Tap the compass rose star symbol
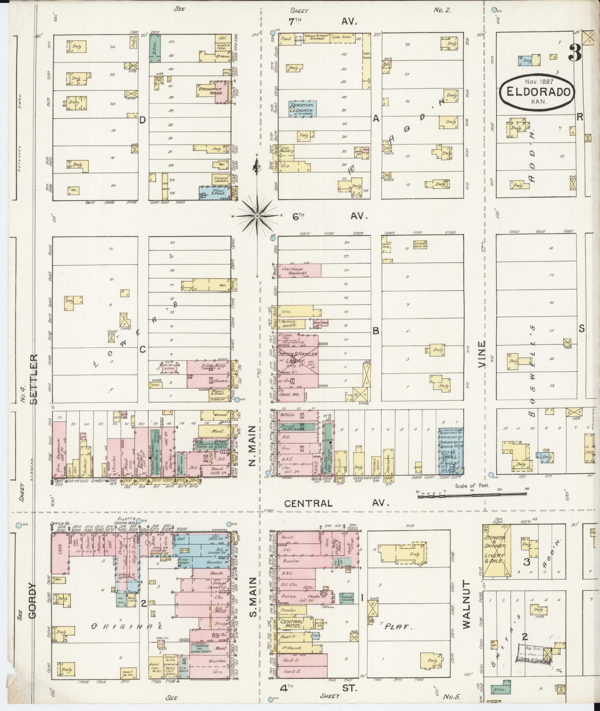coord(257,216)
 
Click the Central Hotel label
coord(291,623)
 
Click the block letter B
coord(376,331)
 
